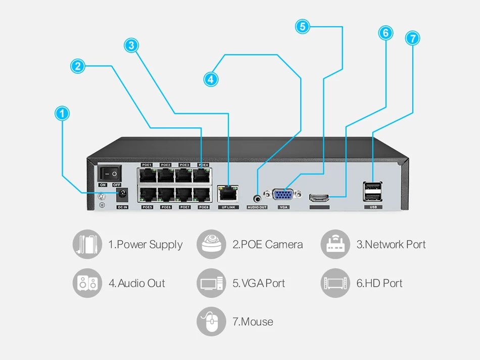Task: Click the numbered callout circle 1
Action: click(x=62, y=114)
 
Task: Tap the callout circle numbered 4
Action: click(x=211, y=79)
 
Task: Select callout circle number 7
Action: click(x=412, y=38)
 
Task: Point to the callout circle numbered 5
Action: click(x=302, y=26)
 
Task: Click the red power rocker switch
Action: click(x=110, y=174)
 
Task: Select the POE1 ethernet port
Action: click(x=147, y=175)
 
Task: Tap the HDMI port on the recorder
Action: click(x=319, y=196)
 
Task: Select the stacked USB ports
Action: click(x=372, y=192)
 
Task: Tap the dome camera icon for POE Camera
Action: click(x=211, y=245)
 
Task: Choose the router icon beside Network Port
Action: click(x=335, y=245)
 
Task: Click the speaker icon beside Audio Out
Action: click(x=87, y=283)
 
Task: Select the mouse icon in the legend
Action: click(x=211, y=322)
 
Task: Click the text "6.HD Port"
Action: click(x=379, y=283)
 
